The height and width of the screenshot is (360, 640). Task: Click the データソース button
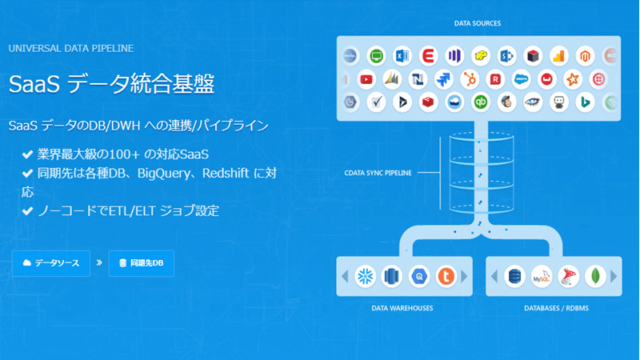point(52,262)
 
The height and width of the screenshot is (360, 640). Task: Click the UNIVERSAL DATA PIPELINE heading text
point(71,48)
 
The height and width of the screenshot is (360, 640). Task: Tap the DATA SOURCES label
point(478,24)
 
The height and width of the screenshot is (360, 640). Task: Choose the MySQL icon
point(542,276)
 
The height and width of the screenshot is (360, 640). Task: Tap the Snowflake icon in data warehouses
point(366,276)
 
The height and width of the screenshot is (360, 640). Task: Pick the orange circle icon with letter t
point(446,276)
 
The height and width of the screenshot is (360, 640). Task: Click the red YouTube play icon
point(366,79)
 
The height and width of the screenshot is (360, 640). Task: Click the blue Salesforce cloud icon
point(521,79)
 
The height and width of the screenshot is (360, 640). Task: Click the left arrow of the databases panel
point(494,276)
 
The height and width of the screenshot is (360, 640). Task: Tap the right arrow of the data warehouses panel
point(468,276)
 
